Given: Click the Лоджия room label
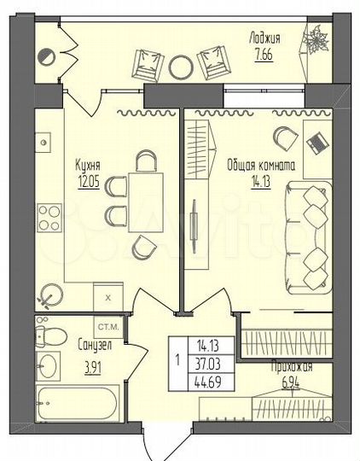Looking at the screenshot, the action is click(264, 39).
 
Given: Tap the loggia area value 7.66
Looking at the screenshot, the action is click(264, 55).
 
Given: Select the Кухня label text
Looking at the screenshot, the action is click(88, 166).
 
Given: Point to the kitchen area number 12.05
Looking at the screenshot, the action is click(89, 183).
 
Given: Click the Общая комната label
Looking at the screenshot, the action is click(261, 166).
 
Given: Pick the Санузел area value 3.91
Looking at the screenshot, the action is click(93, 369).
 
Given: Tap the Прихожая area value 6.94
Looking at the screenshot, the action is click(291, 383).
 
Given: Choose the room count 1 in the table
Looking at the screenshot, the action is click(177, 360).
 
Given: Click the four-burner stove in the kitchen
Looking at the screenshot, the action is click(49, 218).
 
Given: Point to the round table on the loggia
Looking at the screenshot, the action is click(181, 67).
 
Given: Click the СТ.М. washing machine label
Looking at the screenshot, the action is click(108, 327).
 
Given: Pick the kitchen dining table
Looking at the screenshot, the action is click(146, 202).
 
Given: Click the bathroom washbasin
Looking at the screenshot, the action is click(48, 366).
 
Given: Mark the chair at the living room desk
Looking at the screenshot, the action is click(285, 139).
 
